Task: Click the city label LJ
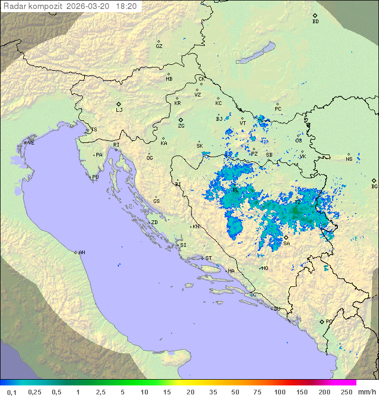(119, 110)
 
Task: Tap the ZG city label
(181, 126)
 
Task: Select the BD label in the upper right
(315, 22)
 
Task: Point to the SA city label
(286, 244)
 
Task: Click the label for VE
(31, 143)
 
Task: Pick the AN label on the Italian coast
(82, 253)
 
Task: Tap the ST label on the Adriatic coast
(208, 258)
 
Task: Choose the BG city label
(374, 186)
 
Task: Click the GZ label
(159, 46)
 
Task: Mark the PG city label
(329, 321)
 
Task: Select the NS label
(349, 159)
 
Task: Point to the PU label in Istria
(95, 177)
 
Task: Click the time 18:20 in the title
(127, 6)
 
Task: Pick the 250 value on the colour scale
(346, 392)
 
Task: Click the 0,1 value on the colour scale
(12, 392)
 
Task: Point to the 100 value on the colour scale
(280, 392)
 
